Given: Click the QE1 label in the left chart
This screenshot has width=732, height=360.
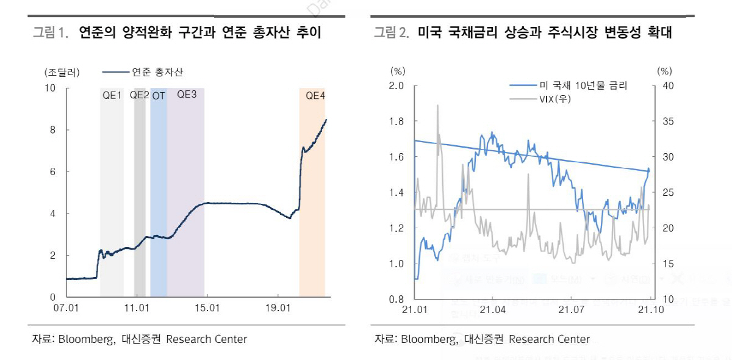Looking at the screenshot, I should pyautogui.click(x=112, y=95).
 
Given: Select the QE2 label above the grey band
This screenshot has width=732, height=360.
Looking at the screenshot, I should pyautogui.click(x=139, y=95).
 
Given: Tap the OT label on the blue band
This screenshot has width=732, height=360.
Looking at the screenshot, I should pyautogui.click(x=159, y=96).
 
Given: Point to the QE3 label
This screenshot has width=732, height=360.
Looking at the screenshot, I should pyautogui.click(x=187, y=95).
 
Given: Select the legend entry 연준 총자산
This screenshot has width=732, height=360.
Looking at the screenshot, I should pyautogui.click(x=157, y=72).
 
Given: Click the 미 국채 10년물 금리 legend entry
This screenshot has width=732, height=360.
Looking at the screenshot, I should pyautogui.click(x=583, y=85).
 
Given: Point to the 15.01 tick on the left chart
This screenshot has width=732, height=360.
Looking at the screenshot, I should pyautogui.click(x=207, y=308).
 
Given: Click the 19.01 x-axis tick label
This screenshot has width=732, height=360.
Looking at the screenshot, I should pyautogui.click(x=278, y=308).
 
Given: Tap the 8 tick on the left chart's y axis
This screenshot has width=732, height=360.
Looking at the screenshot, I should pyautogui.click(x=53, y=130).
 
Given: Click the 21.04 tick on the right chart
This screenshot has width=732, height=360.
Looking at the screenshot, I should pyautogui.click(x=492, y=310).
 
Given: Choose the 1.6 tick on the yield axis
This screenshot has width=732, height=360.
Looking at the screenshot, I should pyautogui.click(x=397, y=157).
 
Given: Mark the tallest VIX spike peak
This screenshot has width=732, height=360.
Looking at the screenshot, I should pyautogui.click(x=437, y=105).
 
